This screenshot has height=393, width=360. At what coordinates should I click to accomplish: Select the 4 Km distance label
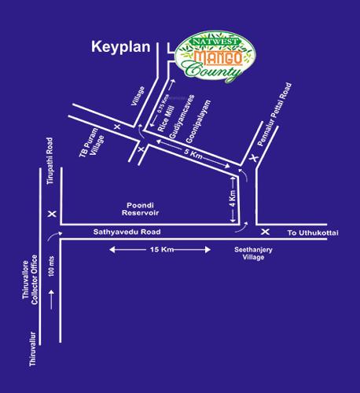click(232, 196)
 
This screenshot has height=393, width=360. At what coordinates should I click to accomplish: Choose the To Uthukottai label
click(309, 233)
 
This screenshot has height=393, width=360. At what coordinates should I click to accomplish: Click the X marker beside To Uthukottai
click(265, 232)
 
